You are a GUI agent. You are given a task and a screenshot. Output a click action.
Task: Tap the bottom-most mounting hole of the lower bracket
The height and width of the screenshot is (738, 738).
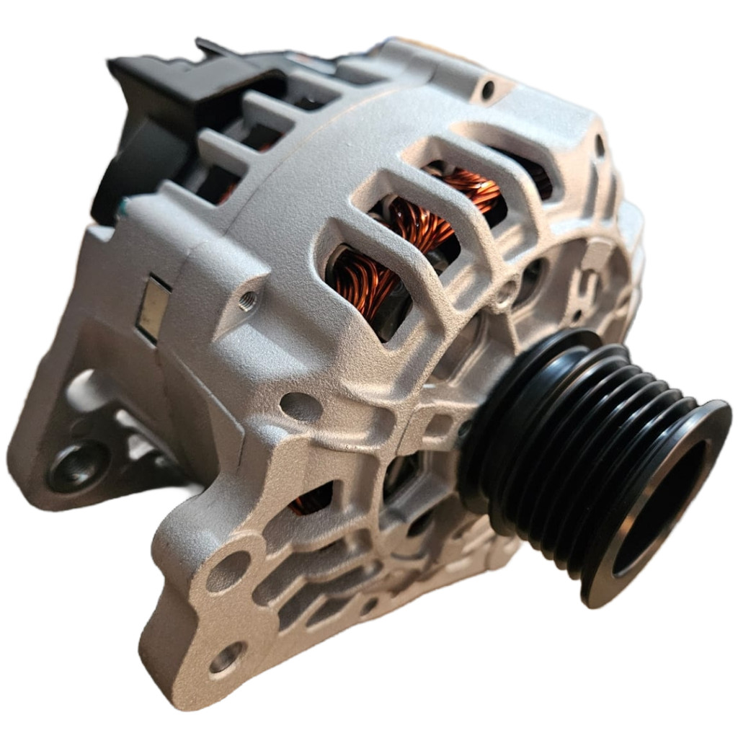click(226, 657)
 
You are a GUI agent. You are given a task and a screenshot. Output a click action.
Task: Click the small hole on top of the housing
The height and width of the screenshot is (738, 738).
click(488, 90)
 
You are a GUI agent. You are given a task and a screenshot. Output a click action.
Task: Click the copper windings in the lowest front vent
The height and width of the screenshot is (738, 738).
click(360, 285)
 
